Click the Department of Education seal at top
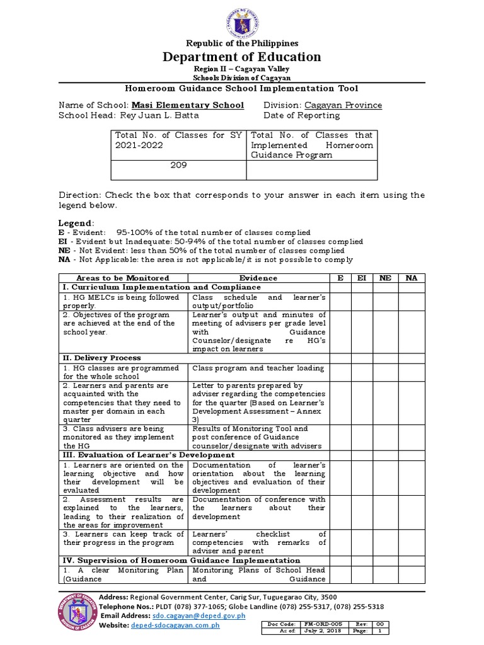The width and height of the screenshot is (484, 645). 241,20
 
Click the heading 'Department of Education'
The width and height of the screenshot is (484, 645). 241,57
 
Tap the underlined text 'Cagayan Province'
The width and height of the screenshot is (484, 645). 343,105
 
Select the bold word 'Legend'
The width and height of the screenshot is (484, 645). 76,223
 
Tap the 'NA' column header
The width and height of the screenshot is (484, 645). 411,278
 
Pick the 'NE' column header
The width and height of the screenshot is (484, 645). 384,278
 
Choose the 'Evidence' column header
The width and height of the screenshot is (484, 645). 258,278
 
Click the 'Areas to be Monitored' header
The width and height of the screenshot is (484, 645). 123,278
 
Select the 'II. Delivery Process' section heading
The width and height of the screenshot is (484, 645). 101,358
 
